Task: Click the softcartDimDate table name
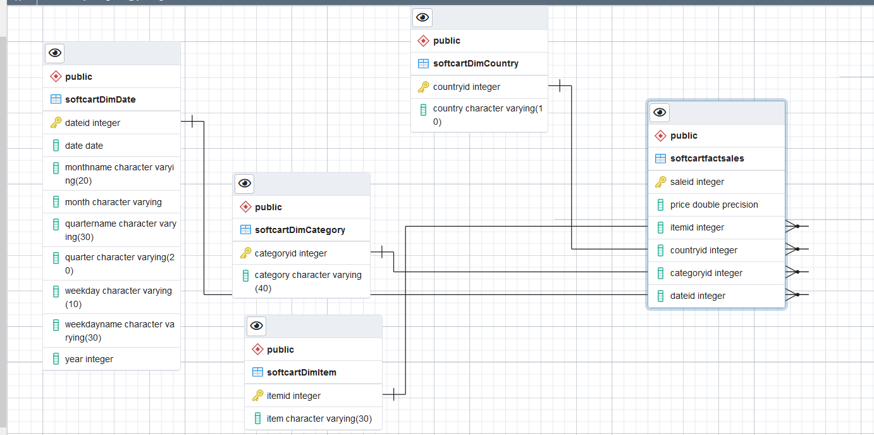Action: [101, 99]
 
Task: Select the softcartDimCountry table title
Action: [476, 63]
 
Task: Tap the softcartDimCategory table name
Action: [300, 230]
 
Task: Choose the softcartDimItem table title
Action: [301, 372]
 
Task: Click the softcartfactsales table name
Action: [707, 158]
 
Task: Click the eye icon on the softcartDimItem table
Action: [256, 325]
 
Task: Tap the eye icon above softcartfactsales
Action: [660, 113]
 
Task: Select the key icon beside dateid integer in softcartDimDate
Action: [56, 123]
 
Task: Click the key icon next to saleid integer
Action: [661, 182]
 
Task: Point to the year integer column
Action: [89, 359]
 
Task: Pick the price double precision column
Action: [714, 205]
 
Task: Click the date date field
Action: [84, 146]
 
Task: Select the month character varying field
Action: [113, 202]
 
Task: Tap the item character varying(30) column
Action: [319, 419]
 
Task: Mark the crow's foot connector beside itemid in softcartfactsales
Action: [797, 226]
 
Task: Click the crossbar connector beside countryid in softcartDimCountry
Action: [560, 85]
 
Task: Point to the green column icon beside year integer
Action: [56, 359]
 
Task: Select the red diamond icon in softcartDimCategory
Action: [245, 207]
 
